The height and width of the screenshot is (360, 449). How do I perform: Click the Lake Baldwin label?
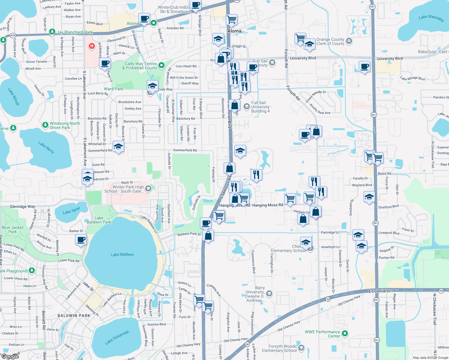pos(122,255)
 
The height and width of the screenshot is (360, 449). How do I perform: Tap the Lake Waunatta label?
pos(431,18)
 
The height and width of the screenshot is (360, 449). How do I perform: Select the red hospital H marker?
pos(92,46)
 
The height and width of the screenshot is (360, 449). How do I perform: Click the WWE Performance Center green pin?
pos(345,333)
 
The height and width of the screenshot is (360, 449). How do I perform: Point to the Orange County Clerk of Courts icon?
pos(349,41)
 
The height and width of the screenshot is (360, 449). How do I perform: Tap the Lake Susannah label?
pos(117,337)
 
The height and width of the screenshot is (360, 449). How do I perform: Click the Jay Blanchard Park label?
pos(75,32)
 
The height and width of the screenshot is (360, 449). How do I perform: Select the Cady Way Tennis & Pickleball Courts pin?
pos(161,65)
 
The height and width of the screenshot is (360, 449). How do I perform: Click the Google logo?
pos(10,356)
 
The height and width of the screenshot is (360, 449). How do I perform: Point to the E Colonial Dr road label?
pos(380,291)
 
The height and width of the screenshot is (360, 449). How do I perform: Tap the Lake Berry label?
pos(46,147)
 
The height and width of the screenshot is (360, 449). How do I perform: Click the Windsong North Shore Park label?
pos(65,125)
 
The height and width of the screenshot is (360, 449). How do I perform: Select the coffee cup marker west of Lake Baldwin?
pos(81,240)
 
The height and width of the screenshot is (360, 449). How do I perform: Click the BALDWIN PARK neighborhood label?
pos(74,316)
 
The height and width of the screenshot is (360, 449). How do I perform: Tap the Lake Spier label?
pos(71,211)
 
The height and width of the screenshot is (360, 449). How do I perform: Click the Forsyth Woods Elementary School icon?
pos(301,348)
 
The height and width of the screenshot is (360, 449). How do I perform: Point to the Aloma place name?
pos(234,31)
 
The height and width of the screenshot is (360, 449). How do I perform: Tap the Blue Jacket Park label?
pos(13,229)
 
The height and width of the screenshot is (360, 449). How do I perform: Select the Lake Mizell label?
pos(14,96)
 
